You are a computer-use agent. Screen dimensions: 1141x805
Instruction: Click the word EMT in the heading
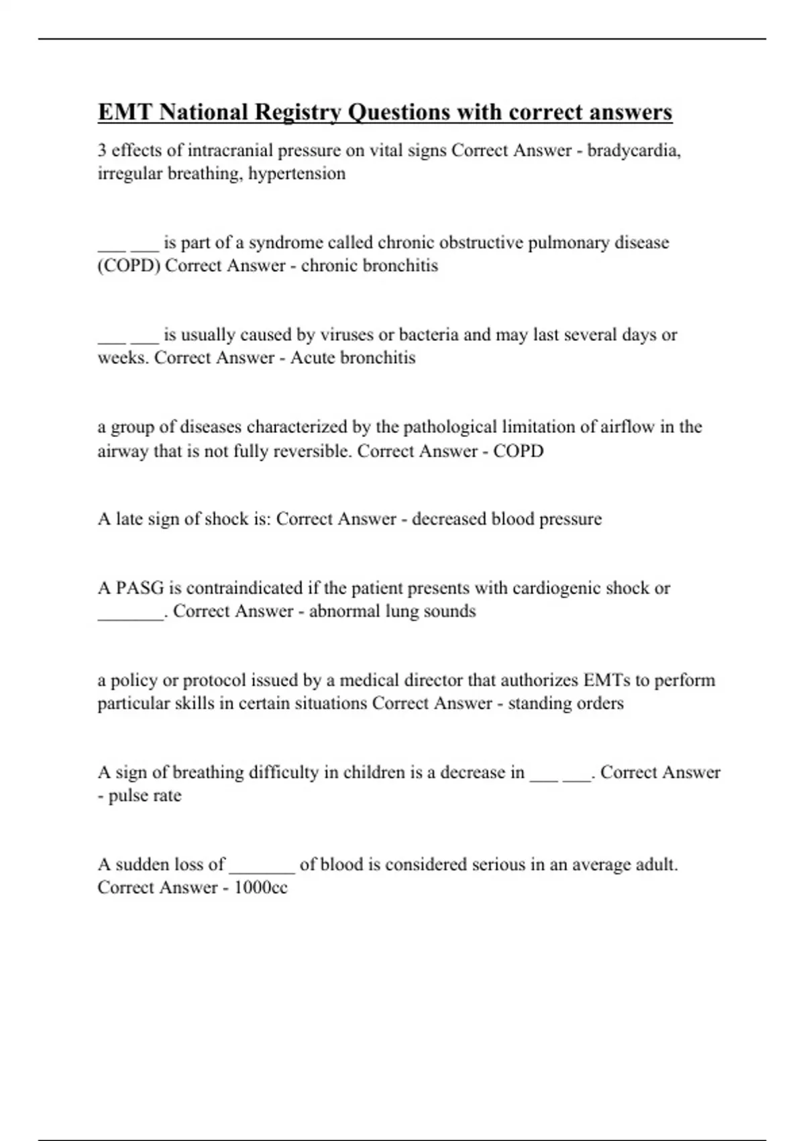pos(124,112)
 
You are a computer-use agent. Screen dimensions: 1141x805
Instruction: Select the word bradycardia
pos(634,150)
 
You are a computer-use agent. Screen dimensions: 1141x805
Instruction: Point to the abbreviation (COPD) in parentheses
pos(129,266)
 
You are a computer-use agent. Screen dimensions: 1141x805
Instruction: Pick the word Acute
pos(313,358)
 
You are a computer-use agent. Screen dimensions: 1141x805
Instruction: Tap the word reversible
pos(313,450)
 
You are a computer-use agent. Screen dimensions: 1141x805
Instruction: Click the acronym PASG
pos(140,588)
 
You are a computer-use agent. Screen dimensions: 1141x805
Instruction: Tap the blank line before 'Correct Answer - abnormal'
pos(130,616)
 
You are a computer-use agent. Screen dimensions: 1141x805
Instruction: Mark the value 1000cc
pos(261,887)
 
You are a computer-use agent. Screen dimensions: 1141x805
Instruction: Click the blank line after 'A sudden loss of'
pos(262,870)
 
